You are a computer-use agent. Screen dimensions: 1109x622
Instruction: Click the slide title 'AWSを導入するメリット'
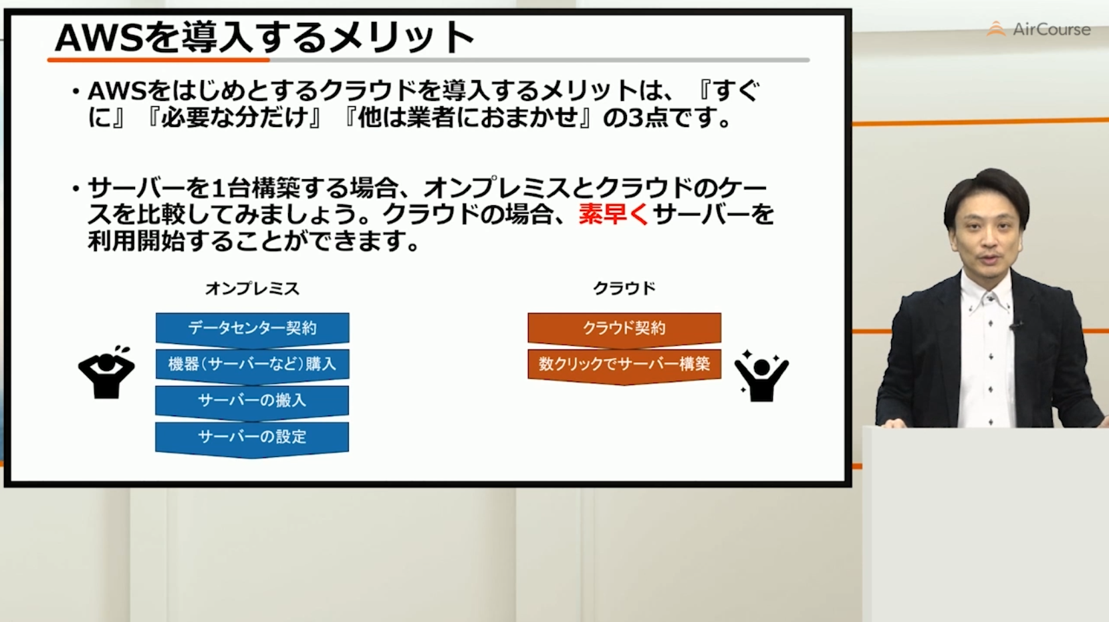[264, 37]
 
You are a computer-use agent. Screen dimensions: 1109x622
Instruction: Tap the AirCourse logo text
[1052, 29]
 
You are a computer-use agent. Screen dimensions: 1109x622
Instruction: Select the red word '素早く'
[614, 214]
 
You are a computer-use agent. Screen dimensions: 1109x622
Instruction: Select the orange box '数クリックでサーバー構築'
[624, 365]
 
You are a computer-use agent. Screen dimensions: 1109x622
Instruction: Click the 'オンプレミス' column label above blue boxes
[253, 289]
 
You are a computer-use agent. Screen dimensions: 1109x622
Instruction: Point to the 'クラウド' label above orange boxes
[624, 288]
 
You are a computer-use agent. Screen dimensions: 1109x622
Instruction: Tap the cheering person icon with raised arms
[761, 377]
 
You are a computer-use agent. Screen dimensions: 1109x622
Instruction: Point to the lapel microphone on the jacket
[1016, 326]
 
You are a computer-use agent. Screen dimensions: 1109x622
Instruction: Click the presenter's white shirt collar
[986, 293]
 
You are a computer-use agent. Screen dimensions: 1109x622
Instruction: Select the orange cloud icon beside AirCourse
[996, 29]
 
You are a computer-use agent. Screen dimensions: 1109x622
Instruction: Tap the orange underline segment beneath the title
[158, 60]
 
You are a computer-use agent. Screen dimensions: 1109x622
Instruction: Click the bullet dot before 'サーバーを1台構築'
[76, 188]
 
